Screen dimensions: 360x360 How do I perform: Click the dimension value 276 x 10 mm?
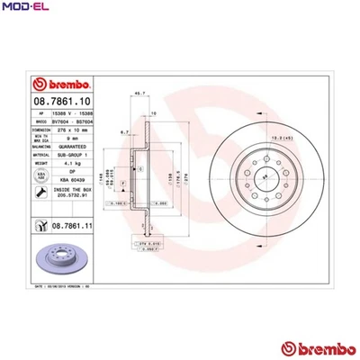tap(70, 130)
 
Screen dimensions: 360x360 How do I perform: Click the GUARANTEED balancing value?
tap(70, 147)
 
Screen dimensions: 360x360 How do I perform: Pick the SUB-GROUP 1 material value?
tap(70, 155)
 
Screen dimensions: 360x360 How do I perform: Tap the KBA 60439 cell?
tap(70, 180)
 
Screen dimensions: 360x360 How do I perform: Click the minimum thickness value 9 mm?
tap(70, 138)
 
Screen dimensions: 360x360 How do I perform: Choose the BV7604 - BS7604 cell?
tap(70, 121)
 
